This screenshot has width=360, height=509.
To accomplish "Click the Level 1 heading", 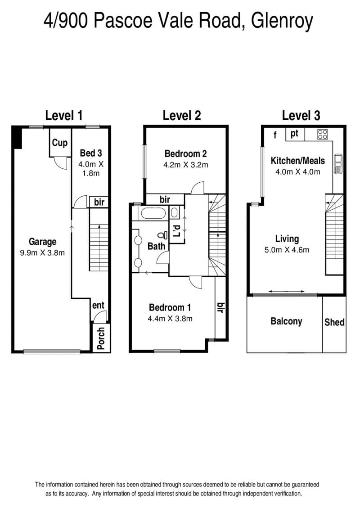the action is click(63, 116).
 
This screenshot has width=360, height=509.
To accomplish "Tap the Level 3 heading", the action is click(301, 116).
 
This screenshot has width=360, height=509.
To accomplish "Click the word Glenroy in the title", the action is click(282, 21).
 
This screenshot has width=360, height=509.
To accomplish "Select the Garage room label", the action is click(42, 242).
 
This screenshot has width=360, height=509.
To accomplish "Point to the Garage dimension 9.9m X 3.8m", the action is click(42, 252).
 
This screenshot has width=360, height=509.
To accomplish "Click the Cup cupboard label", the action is click(60, 143).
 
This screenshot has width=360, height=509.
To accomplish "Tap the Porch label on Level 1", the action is click(101, 338).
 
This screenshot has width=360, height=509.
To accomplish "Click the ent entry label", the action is click(98, 306).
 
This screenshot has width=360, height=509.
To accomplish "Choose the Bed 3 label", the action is click(91, 153).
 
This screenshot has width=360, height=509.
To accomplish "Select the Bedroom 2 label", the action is click(186, 153).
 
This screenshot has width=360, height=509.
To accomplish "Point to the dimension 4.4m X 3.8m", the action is click(170, 319).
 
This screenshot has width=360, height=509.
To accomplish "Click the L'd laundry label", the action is click(176, 230).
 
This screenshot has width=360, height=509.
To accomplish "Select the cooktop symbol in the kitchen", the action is click(323, 135).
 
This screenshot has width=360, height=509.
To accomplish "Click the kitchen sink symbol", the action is click(337, 165).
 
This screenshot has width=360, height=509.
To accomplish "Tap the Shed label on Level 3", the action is click(334, 322).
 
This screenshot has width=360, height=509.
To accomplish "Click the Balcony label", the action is click(286, 321).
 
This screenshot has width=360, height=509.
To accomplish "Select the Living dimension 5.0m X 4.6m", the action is click(287, 250).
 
